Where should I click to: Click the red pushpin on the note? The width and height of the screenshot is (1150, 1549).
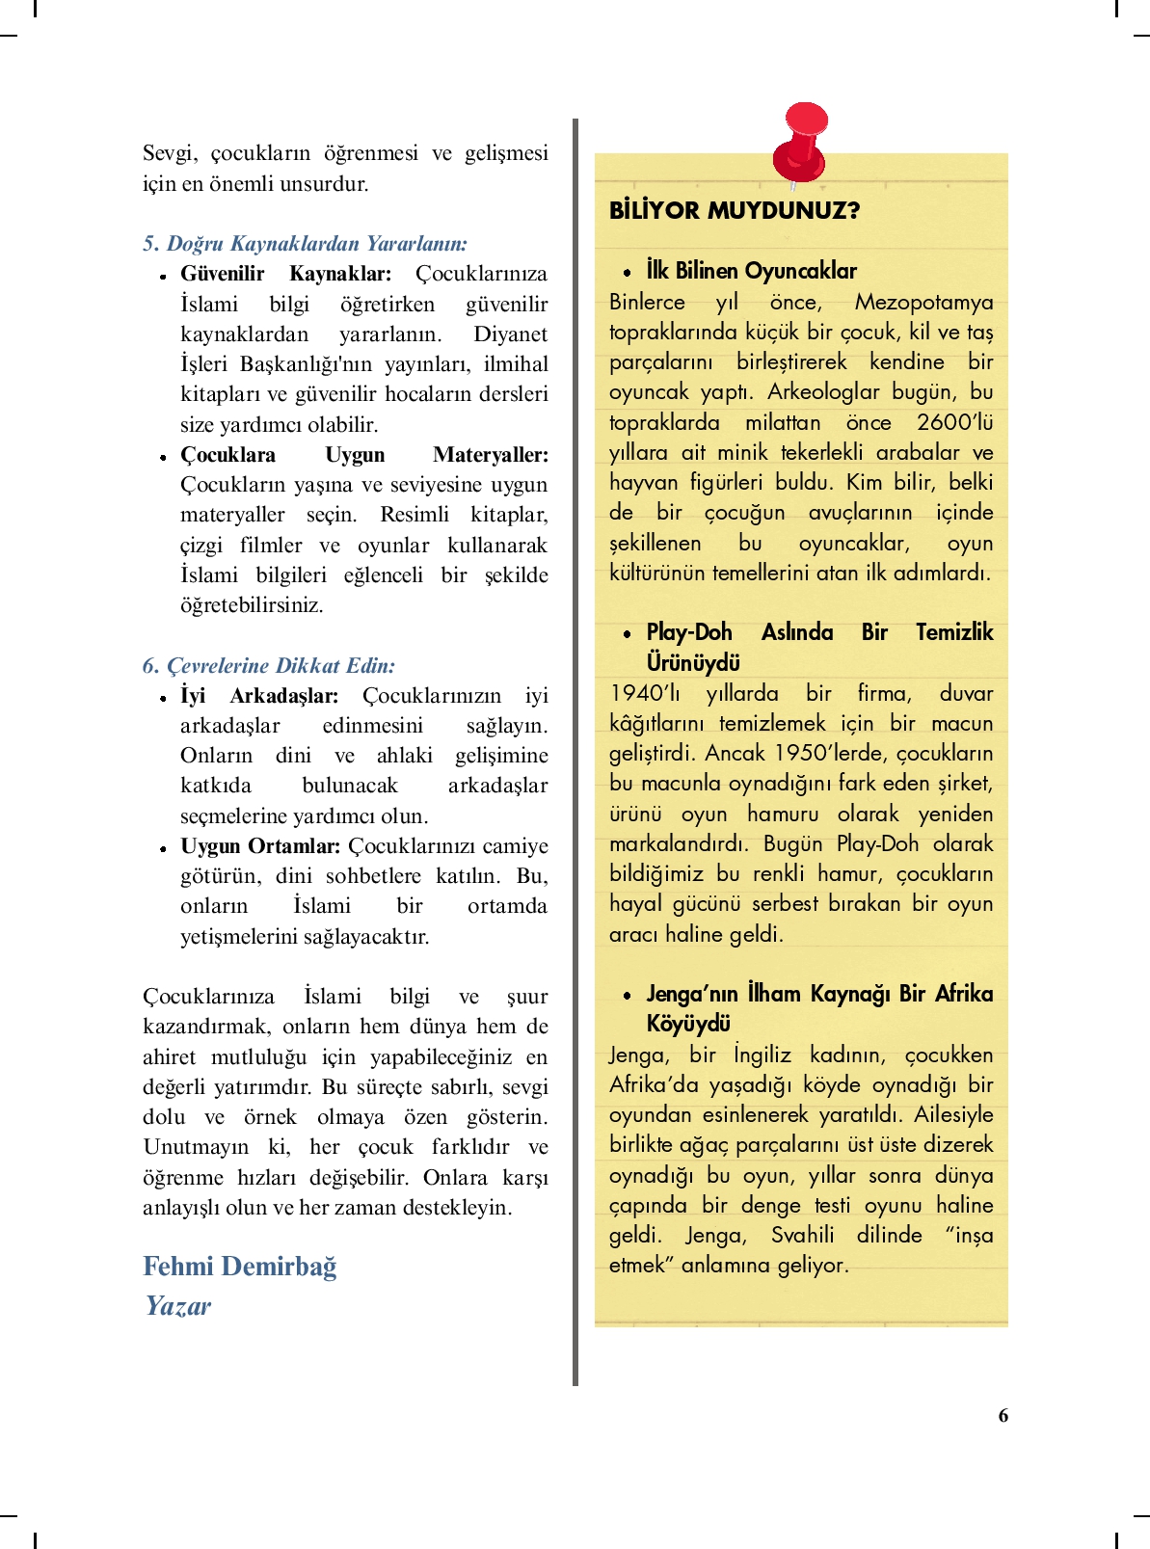[x=801, y=142]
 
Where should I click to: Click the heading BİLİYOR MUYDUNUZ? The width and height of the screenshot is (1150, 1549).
[x=734, y=210]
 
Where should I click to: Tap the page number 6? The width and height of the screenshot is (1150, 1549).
[x=1003, y=1415]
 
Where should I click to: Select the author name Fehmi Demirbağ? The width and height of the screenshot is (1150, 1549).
[x=240, y=1266]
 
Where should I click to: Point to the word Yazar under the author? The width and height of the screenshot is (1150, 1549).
[x=178, y=1305]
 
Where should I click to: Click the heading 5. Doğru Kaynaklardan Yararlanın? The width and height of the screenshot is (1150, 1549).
[x=305, y=243]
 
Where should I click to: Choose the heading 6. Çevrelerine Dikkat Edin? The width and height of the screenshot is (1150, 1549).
[x=269, y=665]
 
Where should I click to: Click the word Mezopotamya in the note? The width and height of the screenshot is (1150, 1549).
[x=923, y=302]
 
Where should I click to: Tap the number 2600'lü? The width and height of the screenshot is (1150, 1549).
[x=954, y=422]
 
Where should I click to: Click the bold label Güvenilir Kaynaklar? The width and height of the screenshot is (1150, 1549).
[x=285, y=274]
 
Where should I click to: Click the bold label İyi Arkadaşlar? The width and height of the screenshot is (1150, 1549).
[x=259, y=695]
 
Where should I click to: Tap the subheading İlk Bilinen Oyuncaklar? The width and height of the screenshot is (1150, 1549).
[x=751, y=271]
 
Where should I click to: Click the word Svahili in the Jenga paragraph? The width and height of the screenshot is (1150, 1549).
[x=802, y=1235]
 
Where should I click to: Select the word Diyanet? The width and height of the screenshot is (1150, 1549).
[x=510, y=334]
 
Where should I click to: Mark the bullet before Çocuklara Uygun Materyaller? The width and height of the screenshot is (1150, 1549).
[x=164, y=457]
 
